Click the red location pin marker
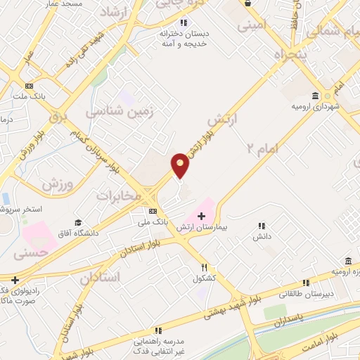(181, 165)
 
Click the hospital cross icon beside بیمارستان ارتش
(202, 214)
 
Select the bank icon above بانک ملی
(153, 211)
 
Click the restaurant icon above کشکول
(205, 267)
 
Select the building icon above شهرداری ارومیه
(315, 96)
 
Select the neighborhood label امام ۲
(263, 148)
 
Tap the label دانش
(262, 237)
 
